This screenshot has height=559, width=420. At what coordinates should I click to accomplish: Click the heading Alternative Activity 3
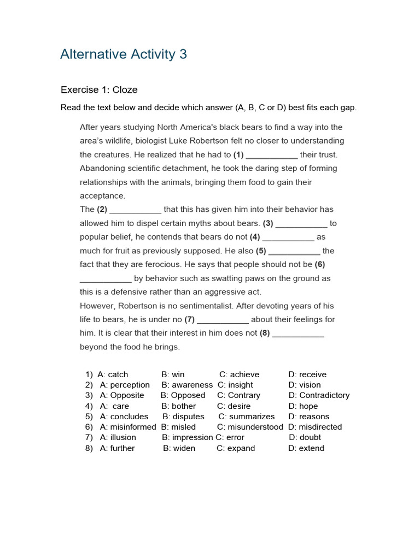point(124,55)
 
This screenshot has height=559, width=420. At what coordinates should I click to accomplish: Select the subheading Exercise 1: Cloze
point(99,90)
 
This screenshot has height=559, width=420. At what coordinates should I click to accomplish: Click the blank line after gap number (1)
point(272,155)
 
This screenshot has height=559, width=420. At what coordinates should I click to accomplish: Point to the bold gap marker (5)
point(261,251)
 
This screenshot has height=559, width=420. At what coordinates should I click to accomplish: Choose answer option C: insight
point(235,385)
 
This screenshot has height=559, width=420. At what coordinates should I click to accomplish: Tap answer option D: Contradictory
point(319,395)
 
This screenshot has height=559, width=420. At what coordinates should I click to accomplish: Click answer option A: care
point(115,406)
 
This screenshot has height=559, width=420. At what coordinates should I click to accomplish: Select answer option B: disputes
point(183,417)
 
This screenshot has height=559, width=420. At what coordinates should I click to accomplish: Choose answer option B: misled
point(178,427)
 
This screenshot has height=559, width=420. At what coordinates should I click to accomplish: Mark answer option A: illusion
point(118,437)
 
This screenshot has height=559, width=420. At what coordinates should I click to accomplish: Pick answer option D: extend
point(306,448)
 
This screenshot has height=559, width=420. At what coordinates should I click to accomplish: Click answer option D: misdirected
point(315,427)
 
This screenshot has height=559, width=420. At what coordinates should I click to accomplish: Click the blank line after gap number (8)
point(298,334)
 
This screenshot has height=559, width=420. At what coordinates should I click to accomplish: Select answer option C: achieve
point(240,374)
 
